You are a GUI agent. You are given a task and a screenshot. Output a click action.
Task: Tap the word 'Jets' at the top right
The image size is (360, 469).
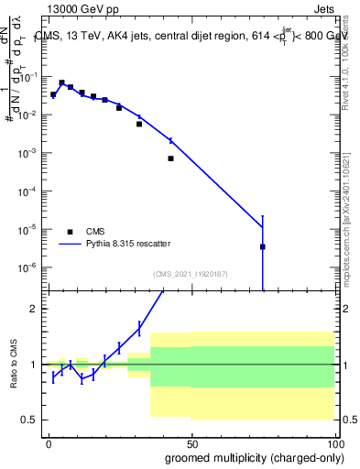tap(323, 7)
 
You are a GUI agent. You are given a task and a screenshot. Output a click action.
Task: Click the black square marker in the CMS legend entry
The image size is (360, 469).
tap(70, 232)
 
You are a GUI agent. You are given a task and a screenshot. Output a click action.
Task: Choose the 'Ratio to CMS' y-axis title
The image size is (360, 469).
tap(16, 365)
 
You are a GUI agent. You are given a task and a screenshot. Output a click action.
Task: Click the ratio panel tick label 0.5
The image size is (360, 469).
tap(29, 420)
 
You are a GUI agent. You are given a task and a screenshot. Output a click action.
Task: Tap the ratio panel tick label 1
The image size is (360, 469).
tap(34, 365)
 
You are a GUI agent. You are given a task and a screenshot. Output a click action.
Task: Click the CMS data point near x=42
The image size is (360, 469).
tap(170, 158)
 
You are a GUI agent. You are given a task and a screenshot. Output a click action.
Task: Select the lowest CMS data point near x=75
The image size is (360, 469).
tap(262, 246)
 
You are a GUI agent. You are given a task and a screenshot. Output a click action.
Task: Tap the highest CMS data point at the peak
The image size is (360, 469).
tap(61, 82)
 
